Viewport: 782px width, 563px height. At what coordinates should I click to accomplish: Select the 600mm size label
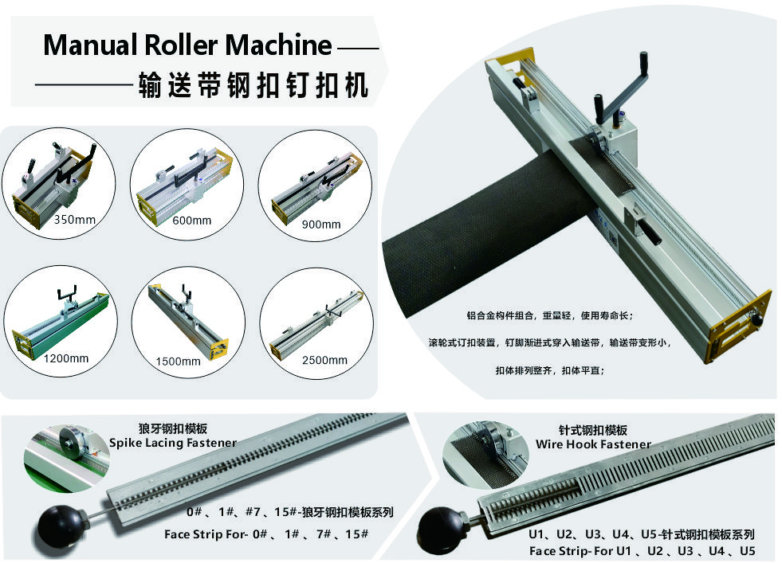click(192, 220)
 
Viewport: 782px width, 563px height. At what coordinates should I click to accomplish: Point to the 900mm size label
click(321, 224)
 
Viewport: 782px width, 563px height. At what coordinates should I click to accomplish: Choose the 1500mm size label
click(179, 361)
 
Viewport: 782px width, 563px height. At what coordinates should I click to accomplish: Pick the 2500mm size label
click(325, 360)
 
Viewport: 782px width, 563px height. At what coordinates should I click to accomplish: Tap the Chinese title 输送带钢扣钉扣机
click(253, 84)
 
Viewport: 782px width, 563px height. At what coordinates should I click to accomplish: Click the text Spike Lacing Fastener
click(173, 443)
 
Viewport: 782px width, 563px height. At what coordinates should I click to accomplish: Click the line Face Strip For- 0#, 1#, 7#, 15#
click(265, 534)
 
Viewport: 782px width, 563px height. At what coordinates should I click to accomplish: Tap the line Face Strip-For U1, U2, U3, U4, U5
click(642, 550)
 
